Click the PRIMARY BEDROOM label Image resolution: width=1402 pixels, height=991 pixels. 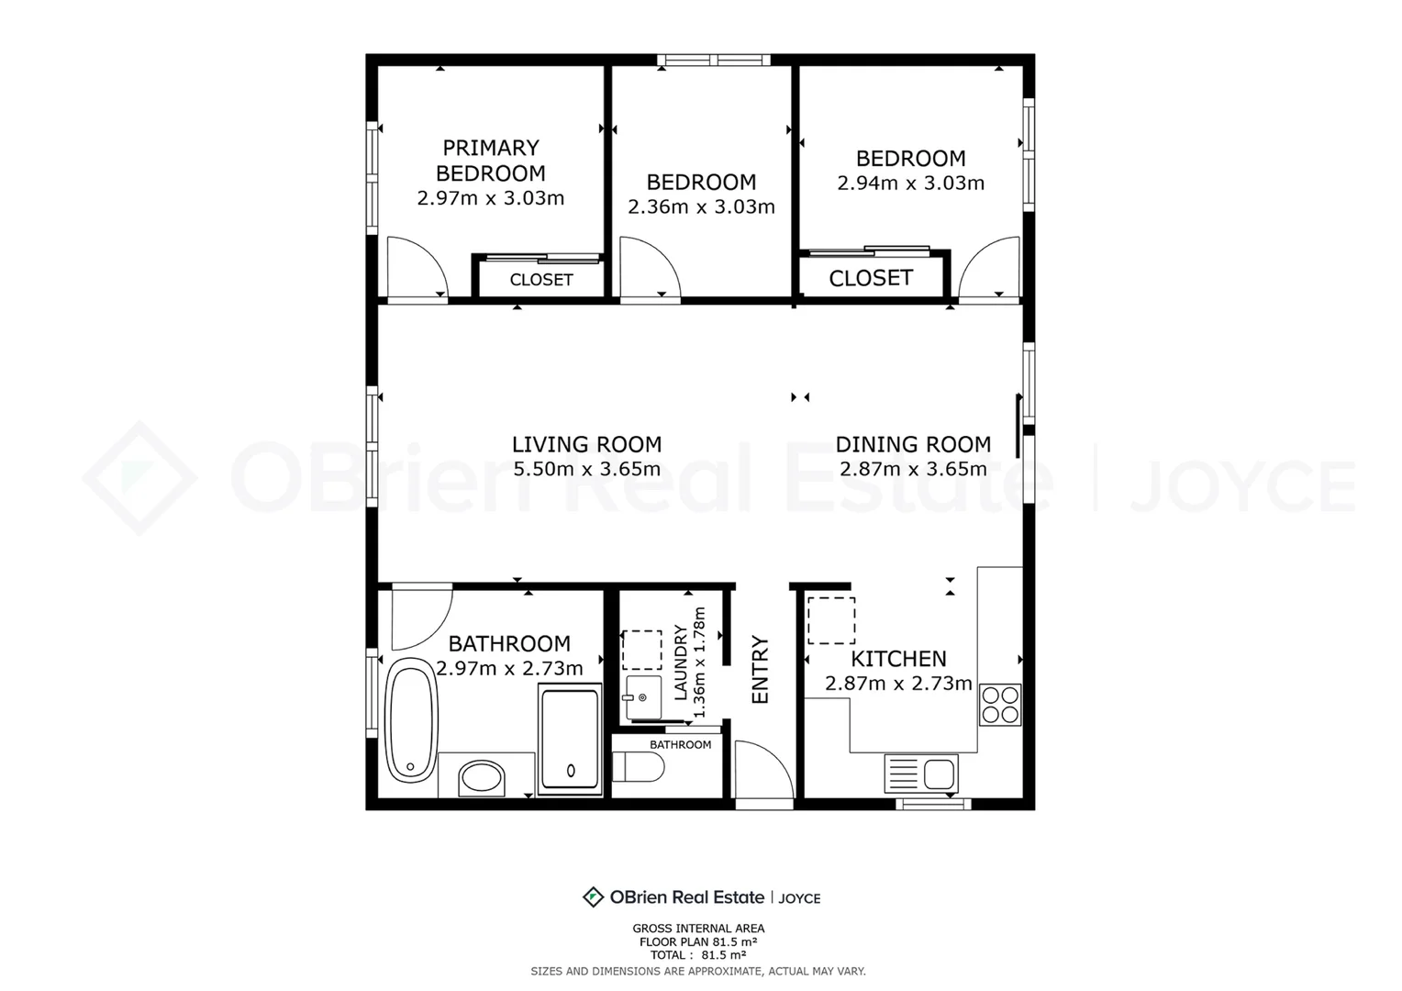pos(491,161)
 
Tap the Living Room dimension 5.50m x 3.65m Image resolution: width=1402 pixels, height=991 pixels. pos(587,469)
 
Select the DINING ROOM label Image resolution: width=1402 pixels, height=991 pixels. pos(913,444)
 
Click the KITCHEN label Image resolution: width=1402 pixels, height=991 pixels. pos(898,659)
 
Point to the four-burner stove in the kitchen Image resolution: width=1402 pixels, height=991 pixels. pos(1000,705)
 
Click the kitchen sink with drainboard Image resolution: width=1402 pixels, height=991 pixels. pos(920,774)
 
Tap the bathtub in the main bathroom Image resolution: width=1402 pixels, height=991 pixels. pos(410,720)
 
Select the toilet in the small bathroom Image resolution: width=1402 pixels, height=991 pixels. pos(638,767)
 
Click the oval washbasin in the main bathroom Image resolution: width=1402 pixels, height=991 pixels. pos(481,778)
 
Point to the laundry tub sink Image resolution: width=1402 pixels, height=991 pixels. pos(642,697)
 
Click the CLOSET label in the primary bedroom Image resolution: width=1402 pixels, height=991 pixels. pos(541,280)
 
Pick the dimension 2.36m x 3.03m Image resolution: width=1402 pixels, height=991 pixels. pos(701,206)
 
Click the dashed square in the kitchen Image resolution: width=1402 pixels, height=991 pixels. pos(831,620)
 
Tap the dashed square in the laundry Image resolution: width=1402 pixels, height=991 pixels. pos(641,650)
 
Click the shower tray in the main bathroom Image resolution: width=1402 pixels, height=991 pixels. pos(570,739)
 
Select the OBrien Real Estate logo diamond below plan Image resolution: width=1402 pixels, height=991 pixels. pos(593,897)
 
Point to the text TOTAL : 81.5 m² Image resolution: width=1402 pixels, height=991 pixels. pos(698,954)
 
